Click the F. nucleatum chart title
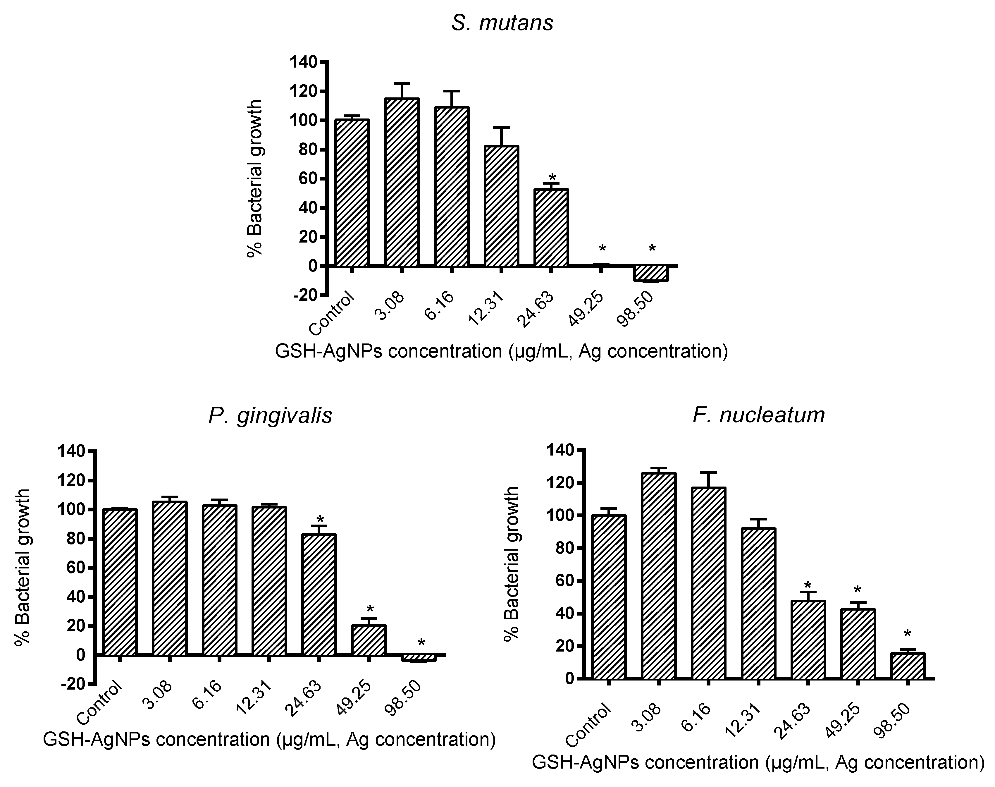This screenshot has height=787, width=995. [758, 415]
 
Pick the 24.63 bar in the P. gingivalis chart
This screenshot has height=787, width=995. [319, 594]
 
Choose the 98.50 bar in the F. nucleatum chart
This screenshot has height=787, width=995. [908, 666]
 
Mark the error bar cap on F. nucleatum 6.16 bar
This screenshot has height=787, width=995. [708, 472]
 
